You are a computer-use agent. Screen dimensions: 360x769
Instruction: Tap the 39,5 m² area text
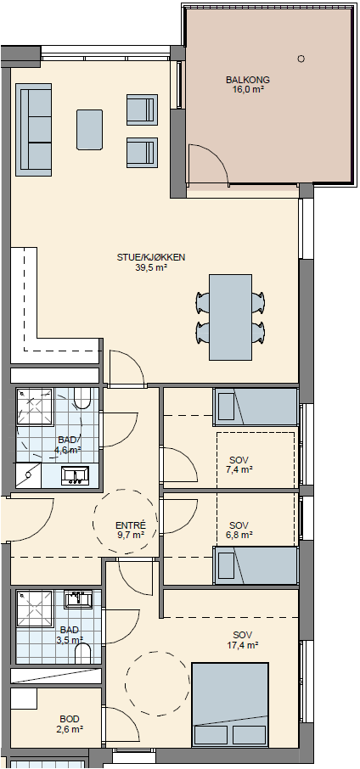pos(151,267)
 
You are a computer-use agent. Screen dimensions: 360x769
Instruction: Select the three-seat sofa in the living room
pos(34,129)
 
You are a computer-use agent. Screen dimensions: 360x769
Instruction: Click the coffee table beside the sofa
pos(90,130)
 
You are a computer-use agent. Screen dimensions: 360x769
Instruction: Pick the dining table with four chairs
pos(230,317)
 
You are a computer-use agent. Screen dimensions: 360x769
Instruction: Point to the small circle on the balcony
pos(301,59)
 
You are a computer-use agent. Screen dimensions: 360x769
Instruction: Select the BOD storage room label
pos(69,719)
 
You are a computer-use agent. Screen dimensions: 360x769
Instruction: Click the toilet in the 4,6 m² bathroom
pos(82,398)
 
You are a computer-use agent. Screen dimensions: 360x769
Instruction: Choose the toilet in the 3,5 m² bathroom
pos(83,654)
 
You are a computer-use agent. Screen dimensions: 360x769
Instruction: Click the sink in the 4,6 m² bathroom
pos(75,475)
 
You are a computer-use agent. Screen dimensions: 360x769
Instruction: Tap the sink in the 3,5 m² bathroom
pos(78,599)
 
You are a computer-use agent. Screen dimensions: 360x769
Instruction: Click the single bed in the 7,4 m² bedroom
pos(256,407)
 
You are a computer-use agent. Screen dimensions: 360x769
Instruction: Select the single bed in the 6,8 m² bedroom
pos(256,565)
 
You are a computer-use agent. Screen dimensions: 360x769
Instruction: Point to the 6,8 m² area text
pos(240,534)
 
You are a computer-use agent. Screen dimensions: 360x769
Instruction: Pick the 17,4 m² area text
pos(243,645)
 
